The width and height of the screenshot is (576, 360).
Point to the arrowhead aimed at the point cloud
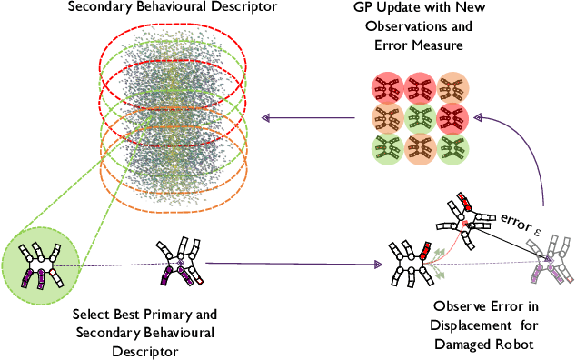click(x=266, y=116)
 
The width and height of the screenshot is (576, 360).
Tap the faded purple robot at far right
click(x=551, y=263)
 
